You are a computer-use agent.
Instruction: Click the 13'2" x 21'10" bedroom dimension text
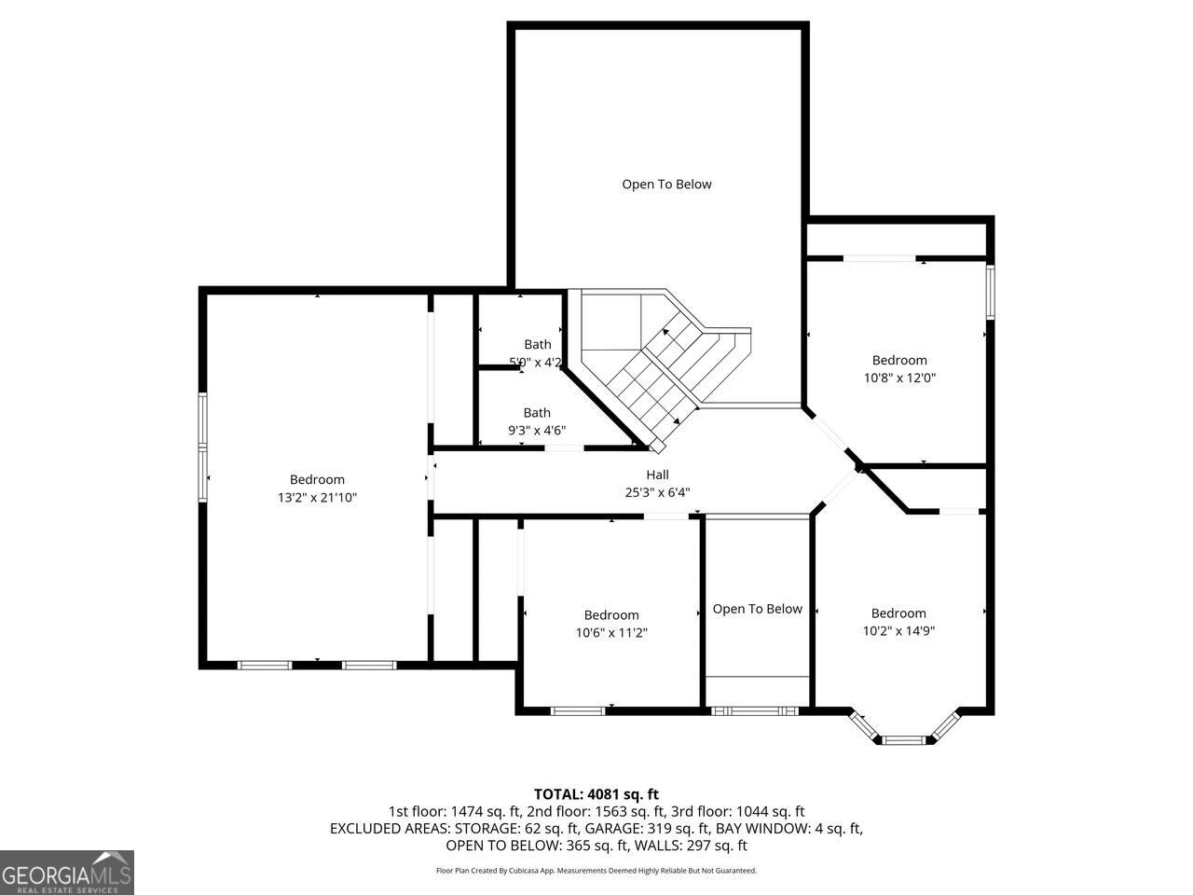pyautogui.click(x=317, y=498)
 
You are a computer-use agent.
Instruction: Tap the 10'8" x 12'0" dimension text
pyautogui.click(x=899, y=379)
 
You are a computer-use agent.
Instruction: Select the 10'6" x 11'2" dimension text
pyautogui.click(x=611, y=632)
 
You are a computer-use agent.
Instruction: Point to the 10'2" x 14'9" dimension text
pyautogui.click(x=898, y=630)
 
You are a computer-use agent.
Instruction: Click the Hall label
pyautogui.click(x=657, y=475)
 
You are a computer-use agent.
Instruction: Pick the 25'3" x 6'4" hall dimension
pyautogui.click(x=657, y=492)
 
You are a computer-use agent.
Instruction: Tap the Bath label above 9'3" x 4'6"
pyautogui.click(x=537, y=412)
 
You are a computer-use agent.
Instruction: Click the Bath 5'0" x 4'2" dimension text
pyautogui.click(x=535, y=362)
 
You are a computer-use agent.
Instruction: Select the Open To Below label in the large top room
pyautogui.click(x=666, y=184)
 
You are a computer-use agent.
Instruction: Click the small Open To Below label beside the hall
pyautogui.click(x=757, y=609)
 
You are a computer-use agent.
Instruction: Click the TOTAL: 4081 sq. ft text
pyautogui.click(x=596, y=794)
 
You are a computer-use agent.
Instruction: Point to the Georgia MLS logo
pyautogui.click(x=67, y=873)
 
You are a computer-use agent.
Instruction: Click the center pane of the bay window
pyautogui.click(x=901, y=740)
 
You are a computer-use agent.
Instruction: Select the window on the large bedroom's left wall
pyautogui.click(x=202, y=448)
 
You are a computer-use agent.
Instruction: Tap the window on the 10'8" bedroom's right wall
pyautogui.click(x=991, y=291)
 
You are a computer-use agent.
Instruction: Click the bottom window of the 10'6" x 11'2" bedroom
pyautogui.click(x=578, y=711)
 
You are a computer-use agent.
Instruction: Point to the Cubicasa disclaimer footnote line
pyautogui.click(x=596, y=871)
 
